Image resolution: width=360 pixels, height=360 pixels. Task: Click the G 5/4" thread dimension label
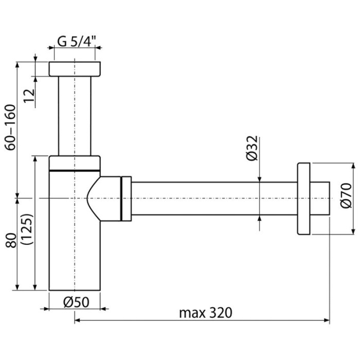coord(76,42)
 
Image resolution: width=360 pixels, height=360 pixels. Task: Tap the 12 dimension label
coord(30,96)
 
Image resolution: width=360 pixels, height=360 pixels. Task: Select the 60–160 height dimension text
coord(11,128)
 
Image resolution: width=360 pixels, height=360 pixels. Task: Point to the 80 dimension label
coord(11,240)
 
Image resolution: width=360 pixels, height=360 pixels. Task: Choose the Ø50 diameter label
coord(76,302)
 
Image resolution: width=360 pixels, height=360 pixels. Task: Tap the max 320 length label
coord(206,313)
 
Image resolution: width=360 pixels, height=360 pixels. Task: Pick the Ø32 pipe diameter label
coord(252,148)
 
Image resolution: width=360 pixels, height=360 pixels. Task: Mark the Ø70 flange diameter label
coord(346,195)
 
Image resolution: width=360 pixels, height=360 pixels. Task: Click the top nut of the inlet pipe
coord(75,69)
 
